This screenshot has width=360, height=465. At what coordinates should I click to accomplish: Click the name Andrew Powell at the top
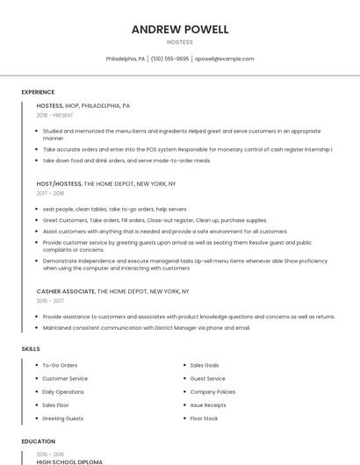click(180, 29)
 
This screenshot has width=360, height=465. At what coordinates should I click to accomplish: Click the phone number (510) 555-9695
click(169, 59)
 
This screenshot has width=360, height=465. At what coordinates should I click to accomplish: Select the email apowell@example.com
click(224, 59)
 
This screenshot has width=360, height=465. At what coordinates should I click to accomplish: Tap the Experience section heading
click(38, 92)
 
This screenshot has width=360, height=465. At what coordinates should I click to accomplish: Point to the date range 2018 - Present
click(55, 115)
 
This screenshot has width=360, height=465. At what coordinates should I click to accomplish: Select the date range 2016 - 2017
click(50, 300)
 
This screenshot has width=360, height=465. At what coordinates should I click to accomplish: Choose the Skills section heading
click(31, 349)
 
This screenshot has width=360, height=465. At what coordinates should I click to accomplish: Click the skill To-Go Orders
click(60, 365)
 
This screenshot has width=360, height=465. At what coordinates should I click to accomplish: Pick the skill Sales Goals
click(205, 365)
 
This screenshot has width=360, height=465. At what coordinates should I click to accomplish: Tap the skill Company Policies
click(212, 391)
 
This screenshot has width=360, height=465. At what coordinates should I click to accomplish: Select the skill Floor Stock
click(204, 418)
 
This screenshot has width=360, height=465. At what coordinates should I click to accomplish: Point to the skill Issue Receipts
click(208, 405)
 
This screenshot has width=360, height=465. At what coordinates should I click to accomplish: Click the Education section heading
click(38, 441)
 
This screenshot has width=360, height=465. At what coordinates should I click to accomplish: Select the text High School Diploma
click(69, 461)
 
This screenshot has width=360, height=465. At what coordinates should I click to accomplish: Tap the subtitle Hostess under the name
click(180, 42)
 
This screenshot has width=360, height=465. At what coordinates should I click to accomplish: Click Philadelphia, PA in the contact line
click(126, 59)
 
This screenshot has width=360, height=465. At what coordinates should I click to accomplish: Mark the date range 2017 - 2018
click(50, 193)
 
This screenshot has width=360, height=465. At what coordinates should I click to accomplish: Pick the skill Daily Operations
click(63, 391)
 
